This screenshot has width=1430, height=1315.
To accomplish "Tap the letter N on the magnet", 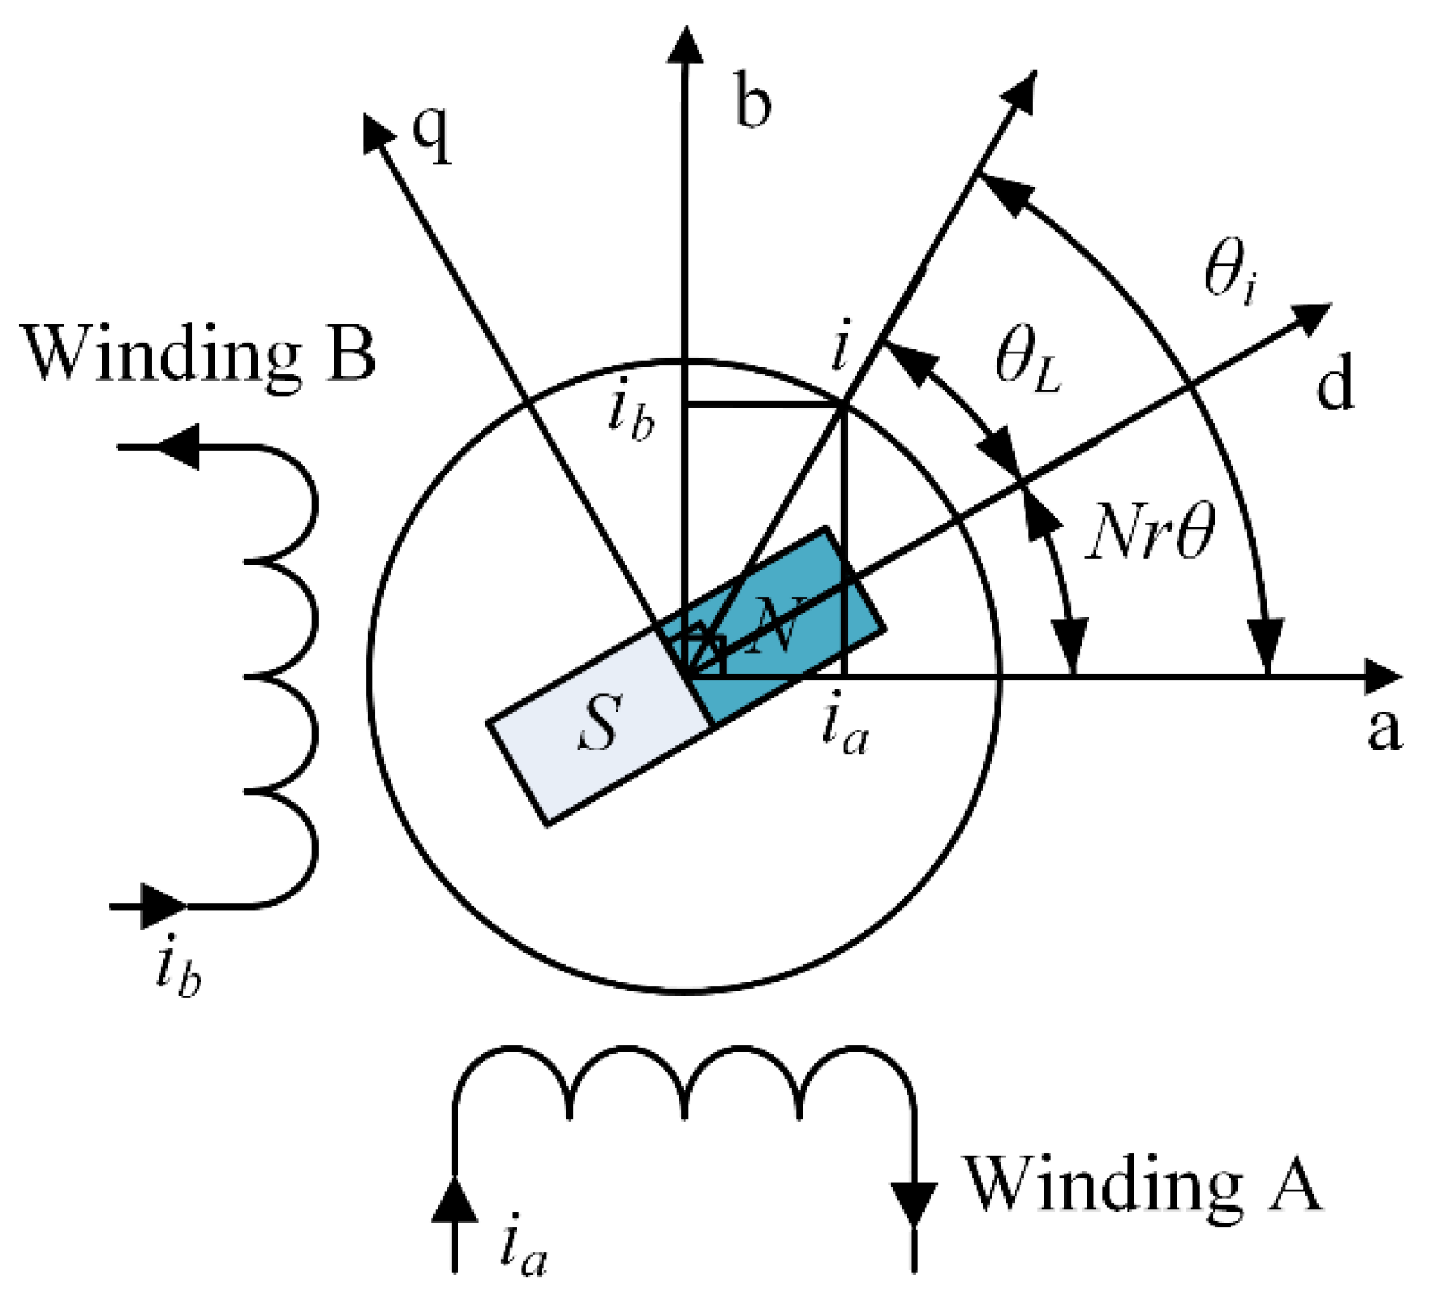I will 776,625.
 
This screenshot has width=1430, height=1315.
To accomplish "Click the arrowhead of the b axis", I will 684,45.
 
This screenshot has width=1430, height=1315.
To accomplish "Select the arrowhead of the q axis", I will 377,132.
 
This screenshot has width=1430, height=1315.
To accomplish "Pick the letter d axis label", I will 1334,384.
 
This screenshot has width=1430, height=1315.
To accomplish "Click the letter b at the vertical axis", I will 752,103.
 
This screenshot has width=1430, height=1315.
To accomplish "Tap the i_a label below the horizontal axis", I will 845,730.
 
